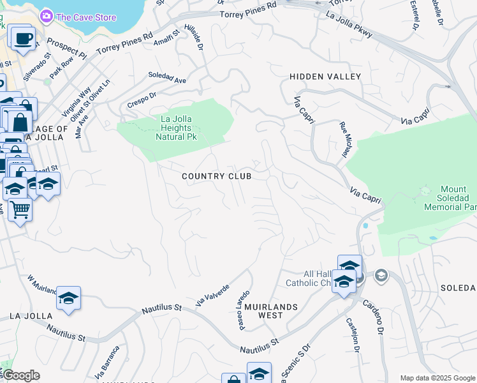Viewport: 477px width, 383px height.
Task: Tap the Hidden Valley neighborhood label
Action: click(325, 77)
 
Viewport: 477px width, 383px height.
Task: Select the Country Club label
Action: click(216, 176)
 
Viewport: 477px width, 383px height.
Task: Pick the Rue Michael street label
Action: click(344, 142)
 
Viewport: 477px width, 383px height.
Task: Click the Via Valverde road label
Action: click(212, 294)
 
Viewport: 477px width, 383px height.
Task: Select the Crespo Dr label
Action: click(142, 100)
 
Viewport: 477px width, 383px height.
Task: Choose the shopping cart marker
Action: click(20, 208)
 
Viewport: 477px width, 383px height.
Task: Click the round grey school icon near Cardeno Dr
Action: click(381, 275)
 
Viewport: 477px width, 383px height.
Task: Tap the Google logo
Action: click(21, 375)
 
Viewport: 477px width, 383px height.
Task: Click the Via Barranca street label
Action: click(107, 361)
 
